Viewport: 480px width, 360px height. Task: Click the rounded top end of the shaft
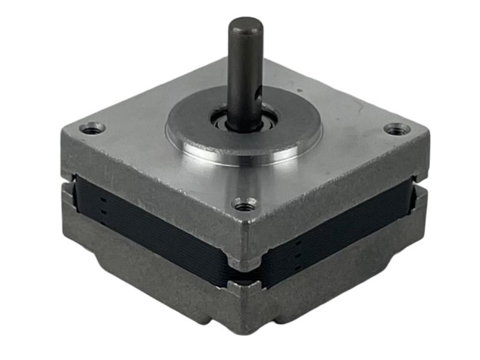coord(245,25)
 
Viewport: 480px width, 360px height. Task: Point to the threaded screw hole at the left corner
coord(92,128)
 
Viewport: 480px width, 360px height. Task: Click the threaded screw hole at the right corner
coord(397,128)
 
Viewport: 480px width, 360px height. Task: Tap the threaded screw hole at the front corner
coord(244,206)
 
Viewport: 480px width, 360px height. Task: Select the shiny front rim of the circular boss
coord(240,157)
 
